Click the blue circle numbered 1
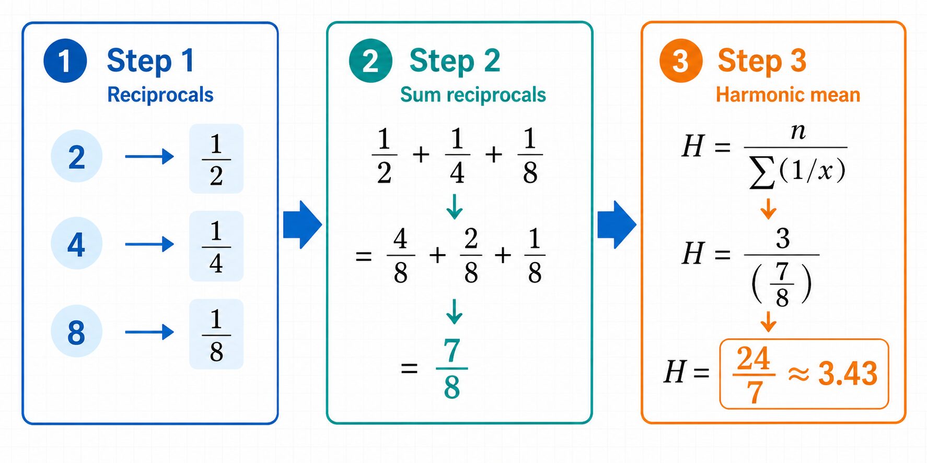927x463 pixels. tap(65, 61)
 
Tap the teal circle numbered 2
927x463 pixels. tap(370, 61)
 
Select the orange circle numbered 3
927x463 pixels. tap(680, 61)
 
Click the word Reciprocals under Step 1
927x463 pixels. tap(160, 95)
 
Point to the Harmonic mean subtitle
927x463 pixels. tap(788, 95)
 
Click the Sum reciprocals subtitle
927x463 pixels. tap(473, 95)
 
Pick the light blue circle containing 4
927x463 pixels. tap(76, 244)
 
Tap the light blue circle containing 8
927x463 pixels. tap(76, 332)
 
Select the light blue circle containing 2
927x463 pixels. tap(76, 157)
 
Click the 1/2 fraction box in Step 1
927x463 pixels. tap(216, 159)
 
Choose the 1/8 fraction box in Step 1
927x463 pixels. tap(216, 334)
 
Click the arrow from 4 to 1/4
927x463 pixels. tap(149, 244)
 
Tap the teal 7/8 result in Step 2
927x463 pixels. tap(451, 369)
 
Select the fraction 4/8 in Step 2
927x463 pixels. tap(401, 256)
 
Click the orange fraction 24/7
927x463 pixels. tap(754, 375)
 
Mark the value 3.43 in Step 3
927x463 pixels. tap(848, 374)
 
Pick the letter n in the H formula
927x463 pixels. tap(798, 132)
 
